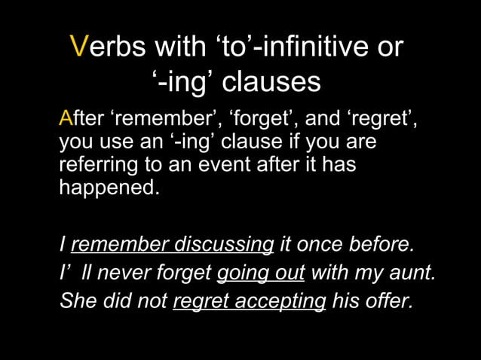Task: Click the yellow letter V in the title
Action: coord(78,47)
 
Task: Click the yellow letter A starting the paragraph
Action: coord(66,120)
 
